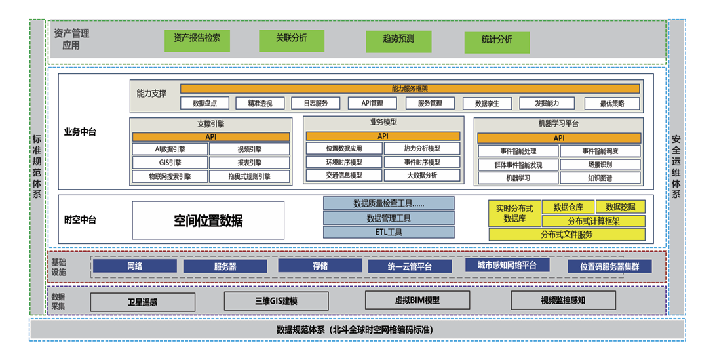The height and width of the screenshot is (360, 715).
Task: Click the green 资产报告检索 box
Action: click(x=197, y=39)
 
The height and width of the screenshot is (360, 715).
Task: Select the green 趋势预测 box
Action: click(x=398, y=39)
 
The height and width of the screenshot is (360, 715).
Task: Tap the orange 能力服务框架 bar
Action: click(x=410, y=89)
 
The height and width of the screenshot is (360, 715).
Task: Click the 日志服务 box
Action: click(x=306, y=104)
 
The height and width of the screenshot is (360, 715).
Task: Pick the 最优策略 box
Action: click(x=612, y=104)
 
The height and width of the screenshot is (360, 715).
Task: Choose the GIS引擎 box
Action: click(x=170, y=163)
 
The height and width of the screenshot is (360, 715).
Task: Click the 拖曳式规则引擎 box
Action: click(x=249, y=176)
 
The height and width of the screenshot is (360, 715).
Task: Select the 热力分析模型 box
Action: click(x=422, y=149)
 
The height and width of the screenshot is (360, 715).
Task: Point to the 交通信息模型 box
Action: click(x=344, y=176)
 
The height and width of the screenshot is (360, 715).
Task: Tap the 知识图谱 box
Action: click(x=600, y=178)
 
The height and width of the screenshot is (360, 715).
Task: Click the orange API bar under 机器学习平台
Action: click(x=558, y=138)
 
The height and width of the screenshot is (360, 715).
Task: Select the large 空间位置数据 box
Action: click(x=208, y=221)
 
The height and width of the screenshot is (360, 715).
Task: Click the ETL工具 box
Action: click(x=388, y=232)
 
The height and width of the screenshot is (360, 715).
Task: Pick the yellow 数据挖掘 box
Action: click(x=621, y=207)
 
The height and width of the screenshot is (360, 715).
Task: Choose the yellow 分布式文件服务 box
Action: click(x=567, y=235)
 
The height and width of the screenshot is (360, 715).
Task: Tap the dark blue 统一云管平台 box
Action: click(x=410, y=266)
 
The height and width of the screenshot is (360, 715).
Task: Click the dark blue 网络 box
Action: click(x=134, y=266)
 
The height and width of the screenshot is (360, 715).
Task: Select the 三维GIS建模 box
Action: click(x=276, y=301)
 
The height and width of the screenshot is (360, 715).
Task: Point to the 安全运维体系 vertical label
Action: click(x=676, y=167)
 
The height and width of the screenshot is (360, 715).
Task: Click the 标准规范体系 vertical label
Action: click(x=37, y=167)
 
